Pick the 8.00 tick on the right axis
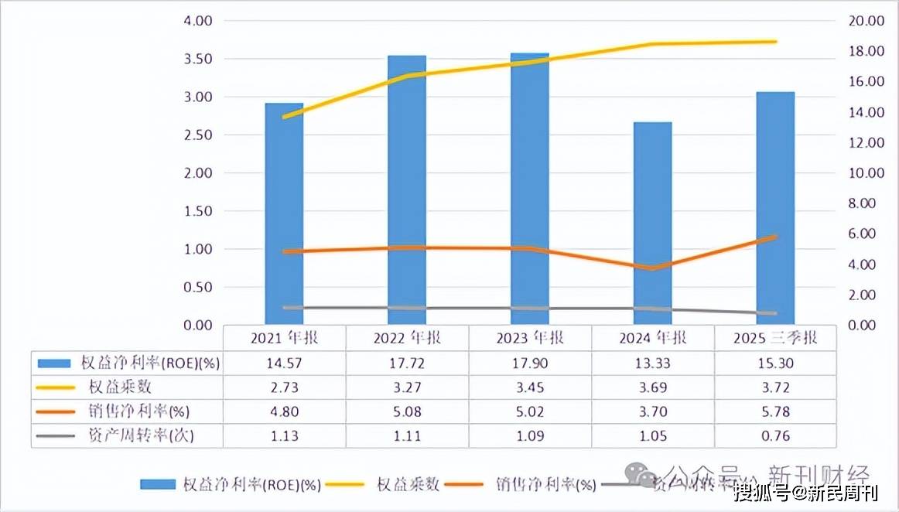[863, 203]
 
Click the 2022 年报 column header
[407, 338]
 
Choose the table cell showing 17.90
[530, 363]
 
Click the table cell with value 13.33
[652, 363]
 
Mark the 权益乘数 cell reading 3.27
[407, 387]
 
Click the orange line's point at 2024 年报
[652, 268]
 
